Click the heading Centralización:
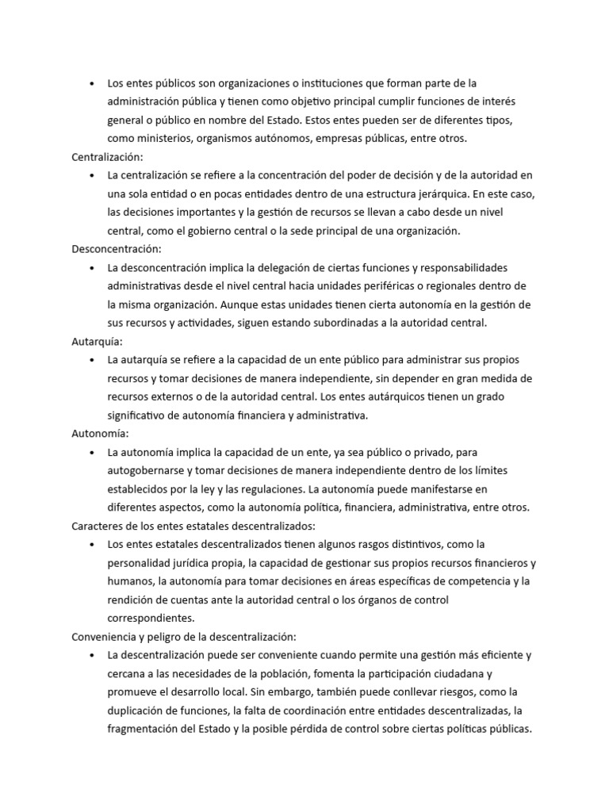coord(107,157)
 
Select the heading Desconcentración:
coord(116,249)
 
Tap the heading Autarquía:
coord(97,341)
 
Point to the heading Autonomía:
coord(100,434)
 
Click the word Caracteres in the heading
coord(98,526)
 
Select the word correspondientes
coord(151,618)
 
